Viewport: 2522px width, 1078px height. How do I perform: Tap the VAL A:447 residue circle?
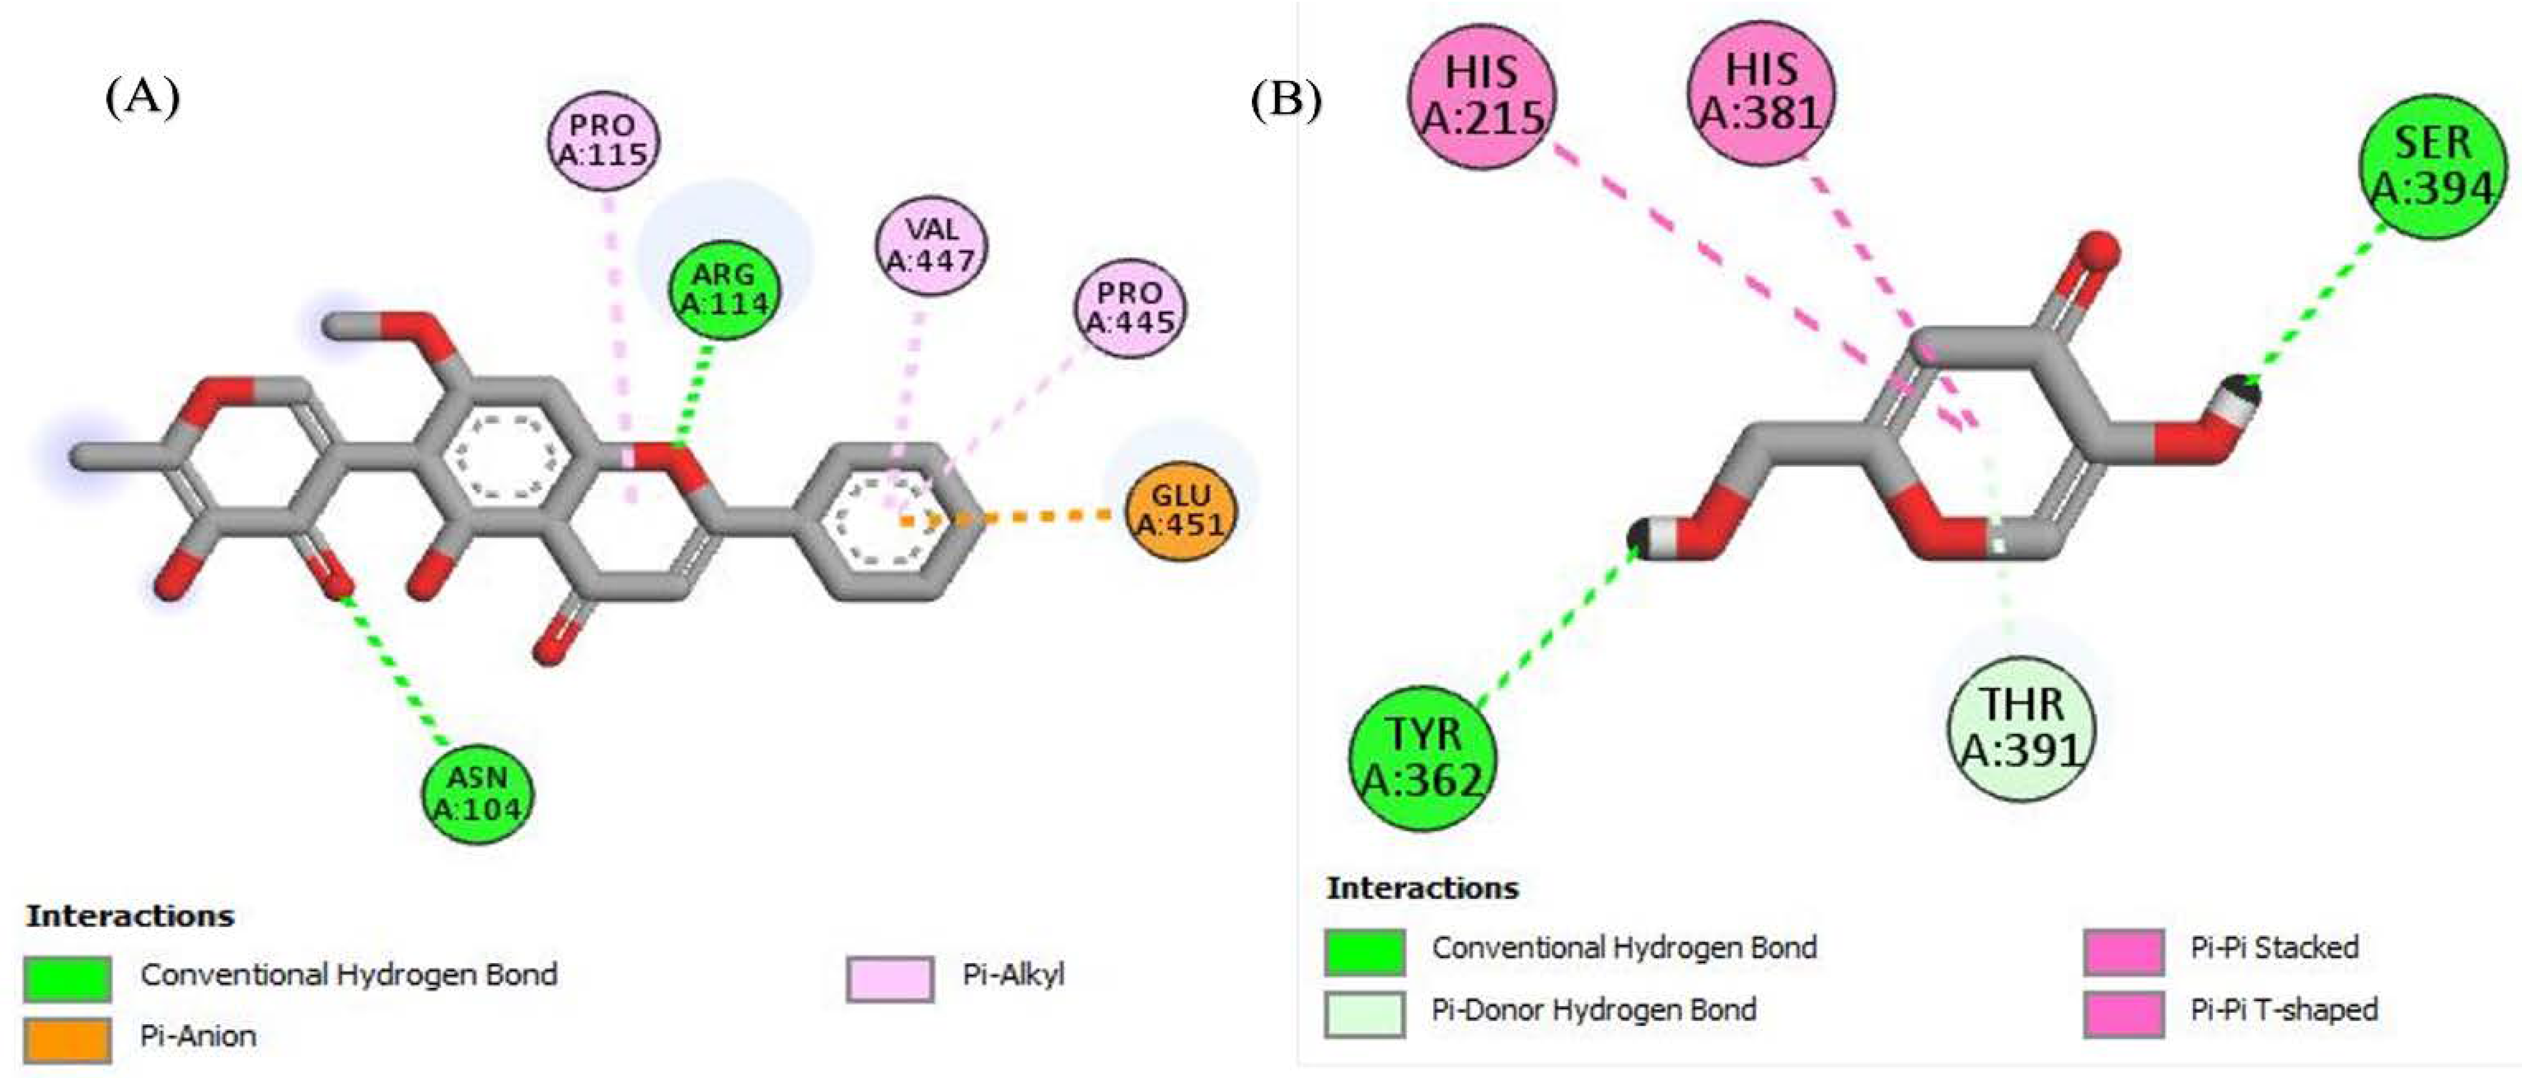coord(931,245)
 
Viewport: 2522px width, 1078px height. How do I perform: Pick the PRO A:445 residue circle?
coord(1130,307)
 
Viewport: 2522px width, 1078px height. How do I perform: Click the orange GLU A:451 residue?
coord(1181,509)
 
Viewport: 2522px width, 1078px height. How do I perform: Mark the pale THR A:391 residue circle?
coord(2021,728)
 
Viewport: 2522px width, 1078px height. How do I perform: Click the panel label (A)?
coord(143,98)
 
